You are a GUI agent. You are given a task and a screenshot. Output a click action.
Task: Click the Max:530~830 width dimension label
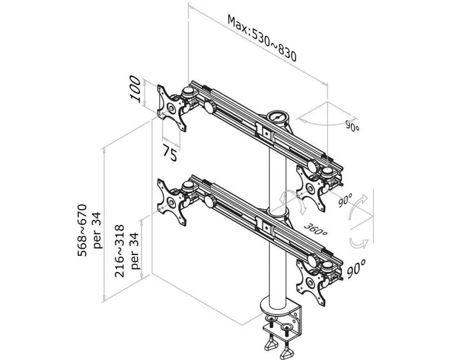[261, 38]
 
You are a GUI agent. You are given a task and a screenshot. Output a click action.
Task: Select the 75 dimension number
[169, 154]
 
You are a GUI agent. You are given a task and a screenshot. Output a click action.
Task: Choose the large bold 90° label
[356, 269]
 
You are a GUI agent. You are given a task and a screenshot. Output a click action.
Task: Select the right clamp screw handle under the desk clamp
[288, 348]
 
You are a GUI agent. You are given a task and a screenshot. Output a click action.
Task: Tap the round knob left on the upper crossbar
[209, 107]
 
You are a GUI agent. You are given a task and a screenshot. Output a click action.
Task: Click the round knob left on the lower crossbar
[209, 199]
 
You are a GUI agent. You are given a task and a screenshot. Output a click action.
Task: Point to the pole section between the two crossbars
[277, 175]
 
